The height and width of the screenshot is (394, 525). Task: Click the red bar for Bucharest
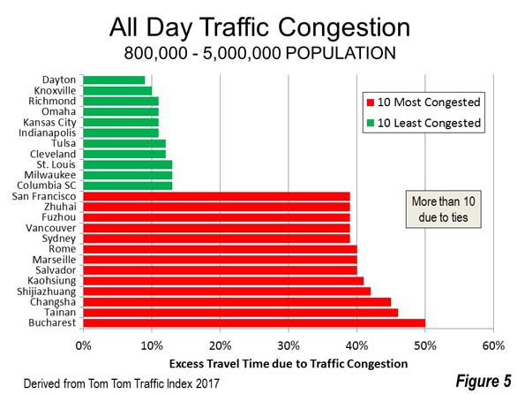click(254, 323)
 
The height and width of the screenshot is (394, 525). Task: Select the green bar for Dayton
click(114, 80)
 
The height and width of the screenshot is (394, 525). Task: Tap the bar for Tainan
click(241, 313)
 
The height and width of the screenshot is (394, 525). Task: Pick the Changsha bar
click(237, 302)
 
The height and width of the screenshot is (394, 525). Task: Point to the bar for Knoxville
click(117, 90)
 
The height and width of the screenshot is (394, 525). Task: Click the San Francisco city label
click(44, 196)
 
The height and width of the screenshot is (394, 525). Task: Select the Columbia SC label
click(47, 186)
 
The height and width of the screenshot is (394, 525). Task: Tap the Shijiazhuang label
click(47, 292)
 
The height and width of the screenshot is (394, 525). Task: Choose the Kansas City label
click(49, 123)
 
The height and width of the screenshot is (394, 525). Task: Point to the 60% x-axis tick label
click(493, 345)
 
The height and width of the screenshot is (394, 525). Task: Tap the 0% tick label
click(83, 345)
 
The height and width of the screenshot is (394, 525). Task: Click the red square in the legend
click(371, 102)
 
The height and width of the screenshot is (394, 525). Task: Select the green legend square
click(371, 123)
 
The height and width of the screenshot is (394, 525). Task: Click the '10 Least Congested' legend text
click(429, 123)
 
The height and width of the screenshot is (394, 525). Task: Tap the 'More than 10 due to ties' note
click(443, 209)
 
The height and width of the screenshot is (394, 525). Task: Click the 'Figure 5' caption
click(484, 382)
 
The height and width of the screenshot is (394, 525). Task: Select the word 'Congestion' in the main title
click(344, 28)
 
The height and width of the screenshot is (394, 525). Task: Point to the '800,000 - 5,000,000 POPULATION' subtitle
click(259, 53)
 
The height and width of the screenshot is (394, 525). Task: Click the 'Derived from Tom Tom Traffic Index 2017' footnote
click(121, 383)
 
